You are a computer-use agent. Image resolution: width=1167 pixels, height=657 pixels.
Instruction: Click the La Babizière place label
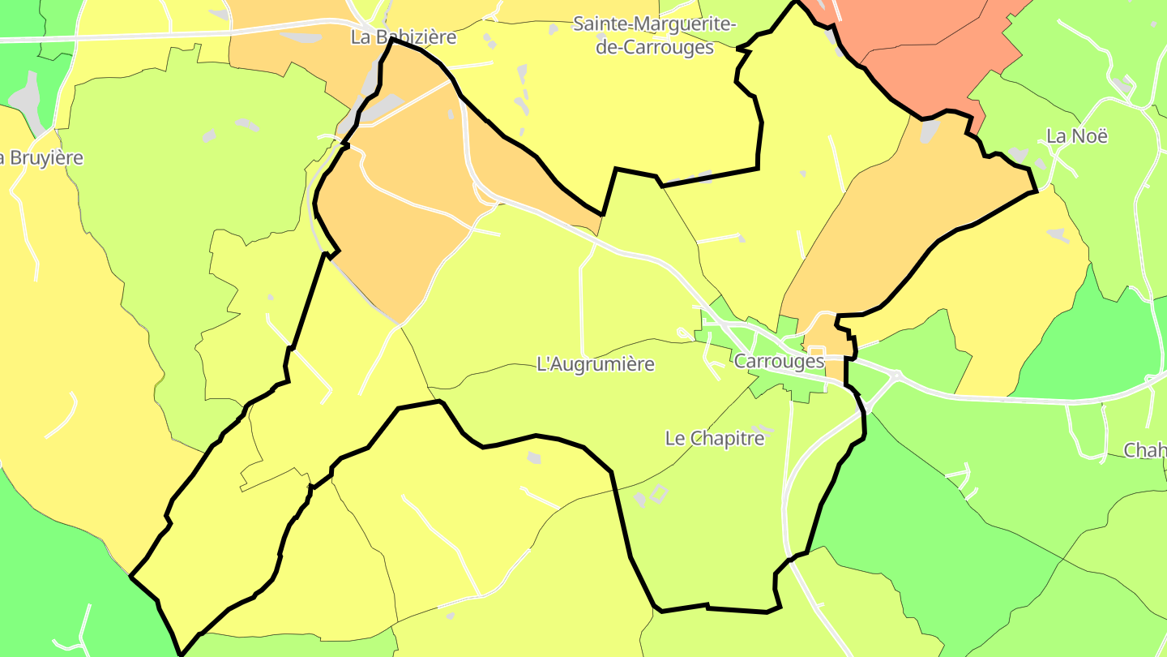tap(404, 37)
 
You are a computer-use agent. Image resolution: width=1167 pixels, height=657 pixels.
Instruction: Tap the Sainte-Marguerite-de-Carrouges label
tap(655, 35)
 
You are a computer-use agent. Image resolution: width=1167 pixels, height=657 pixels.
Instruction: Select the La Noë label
tap(1077, 136)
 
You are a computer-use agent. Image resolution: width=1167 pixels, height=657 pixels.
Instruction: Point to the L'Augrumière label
tap(596, 364)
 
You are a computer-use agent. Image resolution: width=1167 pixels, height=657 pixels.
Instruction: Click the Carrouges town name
tap(779, 362)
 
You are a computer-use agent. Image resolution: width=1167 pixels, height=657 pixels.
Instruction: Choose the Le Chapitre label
tap(715, 439)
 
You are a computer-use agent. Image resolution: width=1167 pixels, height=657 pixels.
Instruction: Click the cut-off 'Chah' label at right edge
tap(1145, 450)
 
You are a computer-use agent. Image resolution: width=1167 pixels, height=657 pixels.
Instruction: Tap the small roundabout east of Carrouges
tap(896, 376)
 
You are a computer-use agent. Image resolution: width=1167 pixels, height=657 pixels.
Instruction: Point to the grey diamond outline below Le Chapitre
tap(658, 492)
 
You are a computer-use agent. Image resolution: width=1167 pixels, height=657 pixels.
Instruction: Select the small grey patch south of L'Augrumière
tap(533, 458)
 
